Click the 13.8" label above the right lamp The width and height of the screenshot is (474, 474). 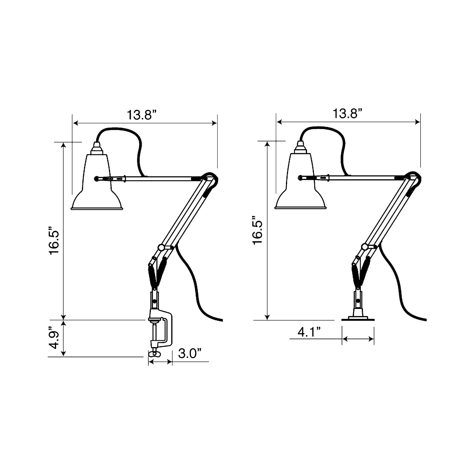347,113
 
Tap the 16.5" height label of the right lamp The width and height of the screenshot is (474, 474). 258,231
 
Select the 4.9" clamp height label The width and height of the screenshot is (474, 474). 54,338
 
